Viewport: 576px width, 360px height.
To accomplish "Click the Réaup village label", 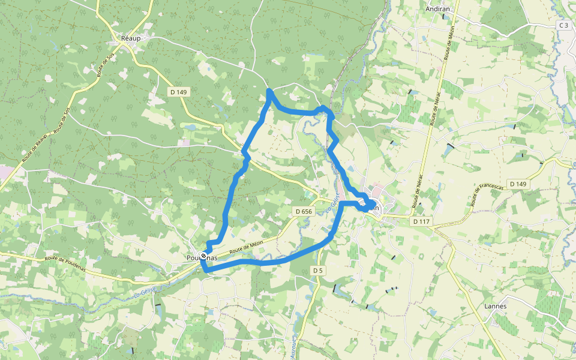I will (x=130, y=38).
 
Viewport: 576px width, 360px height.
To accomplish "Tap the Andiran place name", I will (x=437, y=9).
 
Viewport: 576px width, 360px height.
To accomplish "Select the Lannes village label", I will (x=495, y=306).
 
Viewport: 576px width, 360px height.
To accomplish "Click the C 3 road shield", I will (x=563, y=25).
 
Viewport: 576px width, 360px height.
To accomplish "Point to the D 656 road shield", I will (x=304, y=211).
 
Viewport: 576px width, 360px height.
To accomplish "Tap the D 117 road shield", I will (x=421, y=222).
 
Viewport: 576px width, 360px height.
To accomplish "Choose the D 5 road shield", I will (x=318, y=271).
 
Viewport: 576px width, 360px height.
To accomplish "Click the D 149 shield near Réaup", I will (x=179, y=92).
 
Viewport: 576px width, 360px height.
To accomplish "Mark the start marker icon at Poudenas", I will (x=204, y=257).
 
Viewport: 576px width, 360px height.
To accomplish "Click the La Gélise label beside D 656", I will (x=334, y=203).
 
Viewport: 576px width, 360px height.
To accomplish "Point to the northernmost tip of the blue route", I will (x=269, y=91).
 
